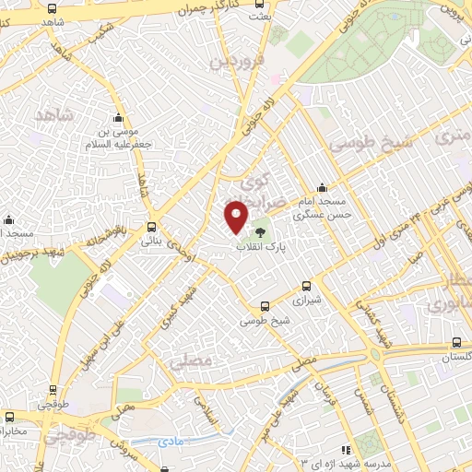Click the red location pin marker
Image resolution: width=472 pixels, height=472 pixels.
pos(237,216)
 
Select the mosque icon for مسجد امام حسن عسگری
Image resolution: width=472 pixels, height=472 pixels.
pos(322,187)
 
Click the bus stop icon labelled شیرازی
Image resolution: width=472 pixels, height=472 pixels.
pos(305,286)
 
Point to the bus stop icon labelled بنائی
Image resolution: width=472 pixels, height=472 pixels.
pos(151,227)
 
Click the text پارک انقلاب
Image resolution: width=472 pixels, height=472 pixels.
pos(262,248)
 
